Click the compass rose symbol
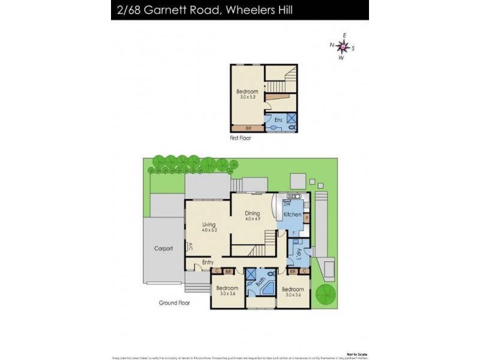pyautogui.click(x=342, y=46)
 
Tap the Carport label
pyautogui.click(x=163, y=248)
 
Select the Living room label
pyautogui.click(x=208, y=224)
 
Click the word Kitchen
pyautogui.click(x=292, y=214)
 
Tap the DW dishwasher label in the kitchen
pyautogui.click(x=286, y=205)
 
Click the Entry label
pyautogui.click(x=208, y=262)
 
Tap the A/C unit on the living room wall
pyautogui.click(x=190, y=247)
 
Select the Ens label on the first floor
pyautogui.click(x=278, y=120)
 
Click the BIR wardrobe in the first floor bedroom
pyautogui.click(x=248, y=128)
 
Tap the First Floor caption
pyautogui.click(x=240, y=138)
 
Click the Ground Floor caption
pyautogui.click(x=175, y=303)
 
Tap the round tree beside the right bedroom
pyautogui.click(x=326, y=295)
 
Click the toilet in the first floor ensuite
pyautogui.click(x=290, y=127)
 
